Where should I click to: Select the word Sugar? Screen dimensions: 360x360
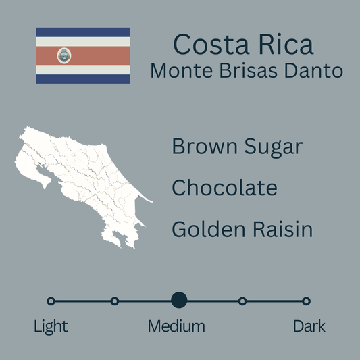pyautogui.click(x=274, y=147)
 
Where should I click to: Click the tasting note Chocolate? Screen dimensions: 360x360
pyautogui.click(x=224, y=187)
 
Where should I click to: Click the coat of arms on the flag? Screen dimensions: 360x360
pyautogui.click(x=64, y=55)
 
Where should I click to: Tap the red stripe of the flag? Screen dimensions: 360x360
pyautogui.click(x=95, y=55)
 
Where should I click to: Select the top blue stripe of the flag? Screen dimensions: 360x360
pyautogui.click(x=82, y=32)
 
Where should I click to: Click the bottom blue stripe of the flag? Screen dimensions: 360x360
pyautogui.click(x=82, y=78)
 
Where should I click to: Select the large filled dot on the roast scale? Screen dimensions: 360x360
pyautogui.click(x=179, y=301)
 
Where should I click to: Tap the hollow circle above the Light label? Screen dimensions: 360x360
pyautogui.click(x=51, y=301)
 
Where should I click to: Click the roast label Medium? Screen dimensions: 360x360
pyautogui.click(x=176, y=326)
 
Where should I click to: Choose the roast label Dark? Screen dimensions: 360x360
pyautogui.click(x=309, y=326)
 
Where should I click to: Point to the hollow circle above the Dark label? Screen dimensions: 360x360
pyautogui.click(x=306, y=301)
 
